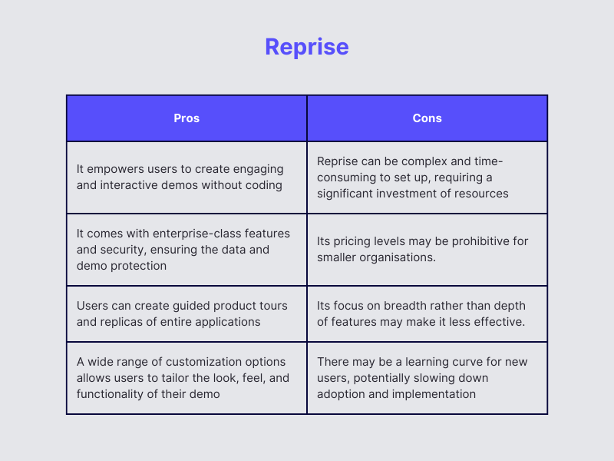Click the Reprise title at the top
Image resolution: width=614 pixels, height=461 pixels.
[x=307, y=47]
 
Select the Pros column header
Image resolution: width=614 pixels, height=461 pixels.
[x=187, y=118]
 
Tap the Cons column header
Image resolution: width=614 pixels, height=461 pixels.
[x=427, y=118]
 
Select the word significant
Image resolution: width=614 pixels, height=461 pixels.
[x=350, y=194]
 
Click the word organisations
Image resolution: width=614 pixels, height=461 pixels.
[x=396, y=257]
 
